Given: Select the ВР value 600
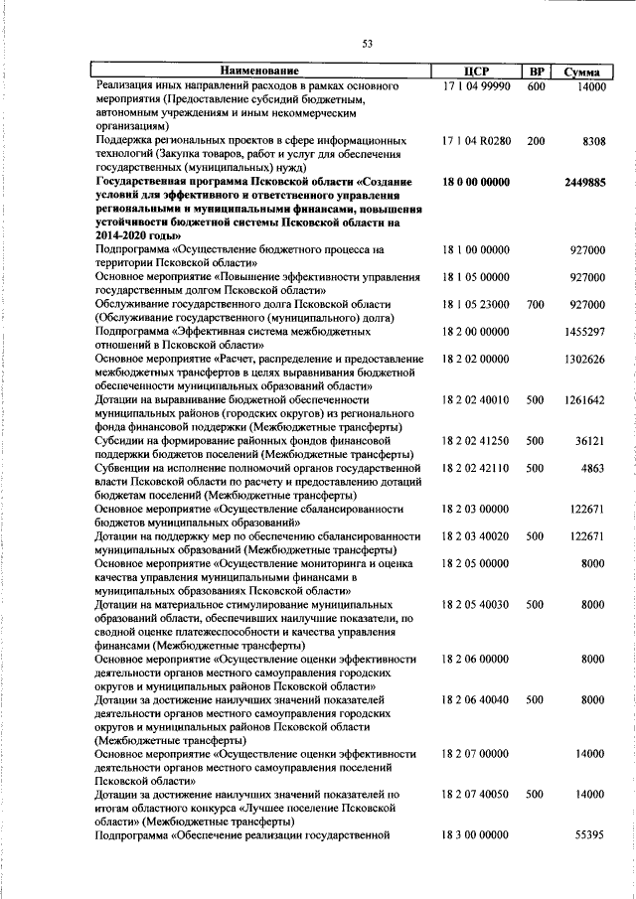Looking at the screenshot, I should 536,86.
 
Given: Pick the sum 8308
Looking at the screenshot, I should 593,141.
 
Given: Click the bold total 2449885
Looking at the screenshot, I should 583,183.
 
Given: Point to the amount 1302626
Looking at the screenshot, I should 583,359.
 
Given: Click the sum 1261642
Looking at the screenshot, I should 583,399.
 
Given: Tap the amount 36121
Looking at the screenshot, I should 588,440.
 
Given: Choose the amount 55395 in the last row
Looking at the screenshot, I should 588,835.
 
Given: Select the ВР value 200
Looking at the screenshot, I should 536,141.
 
